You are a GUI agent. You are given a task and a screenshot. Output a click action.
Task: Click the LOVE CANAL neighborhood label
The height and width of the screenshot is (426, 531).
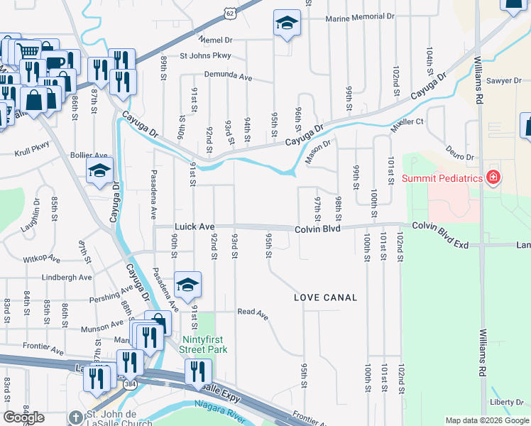[325, 297]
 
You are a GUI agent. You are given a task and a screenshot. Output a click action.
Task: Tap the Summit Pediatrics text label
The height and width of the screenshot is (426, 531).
[443, 177]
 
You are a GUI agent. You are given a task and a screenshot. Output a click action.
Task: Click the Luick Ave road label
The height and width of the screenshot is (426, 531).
[194, 227]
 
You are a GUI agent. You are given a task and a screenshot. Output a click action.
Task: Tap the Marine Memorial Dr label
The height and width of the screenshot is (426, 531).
[359, 17]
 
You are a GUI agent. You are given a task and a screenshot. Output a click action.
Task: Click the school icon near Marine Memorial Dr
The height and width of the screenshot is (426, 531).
[287, 23]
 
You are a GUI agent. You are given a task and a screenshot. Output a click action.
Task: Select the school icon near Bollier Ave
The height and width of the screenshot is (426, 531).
[99, 170]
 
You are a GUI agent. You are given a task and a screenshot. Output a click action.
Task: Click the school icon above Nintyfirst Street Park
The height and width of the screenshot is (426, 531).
[187, 285]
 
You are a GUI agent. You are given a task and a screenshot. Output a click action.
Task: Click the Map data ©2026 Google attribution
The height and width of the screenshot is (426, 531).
[487, 420]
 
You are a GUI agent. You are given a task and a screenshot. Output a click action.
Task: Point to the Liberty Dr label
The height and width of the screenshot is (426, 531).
[506, 403]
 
